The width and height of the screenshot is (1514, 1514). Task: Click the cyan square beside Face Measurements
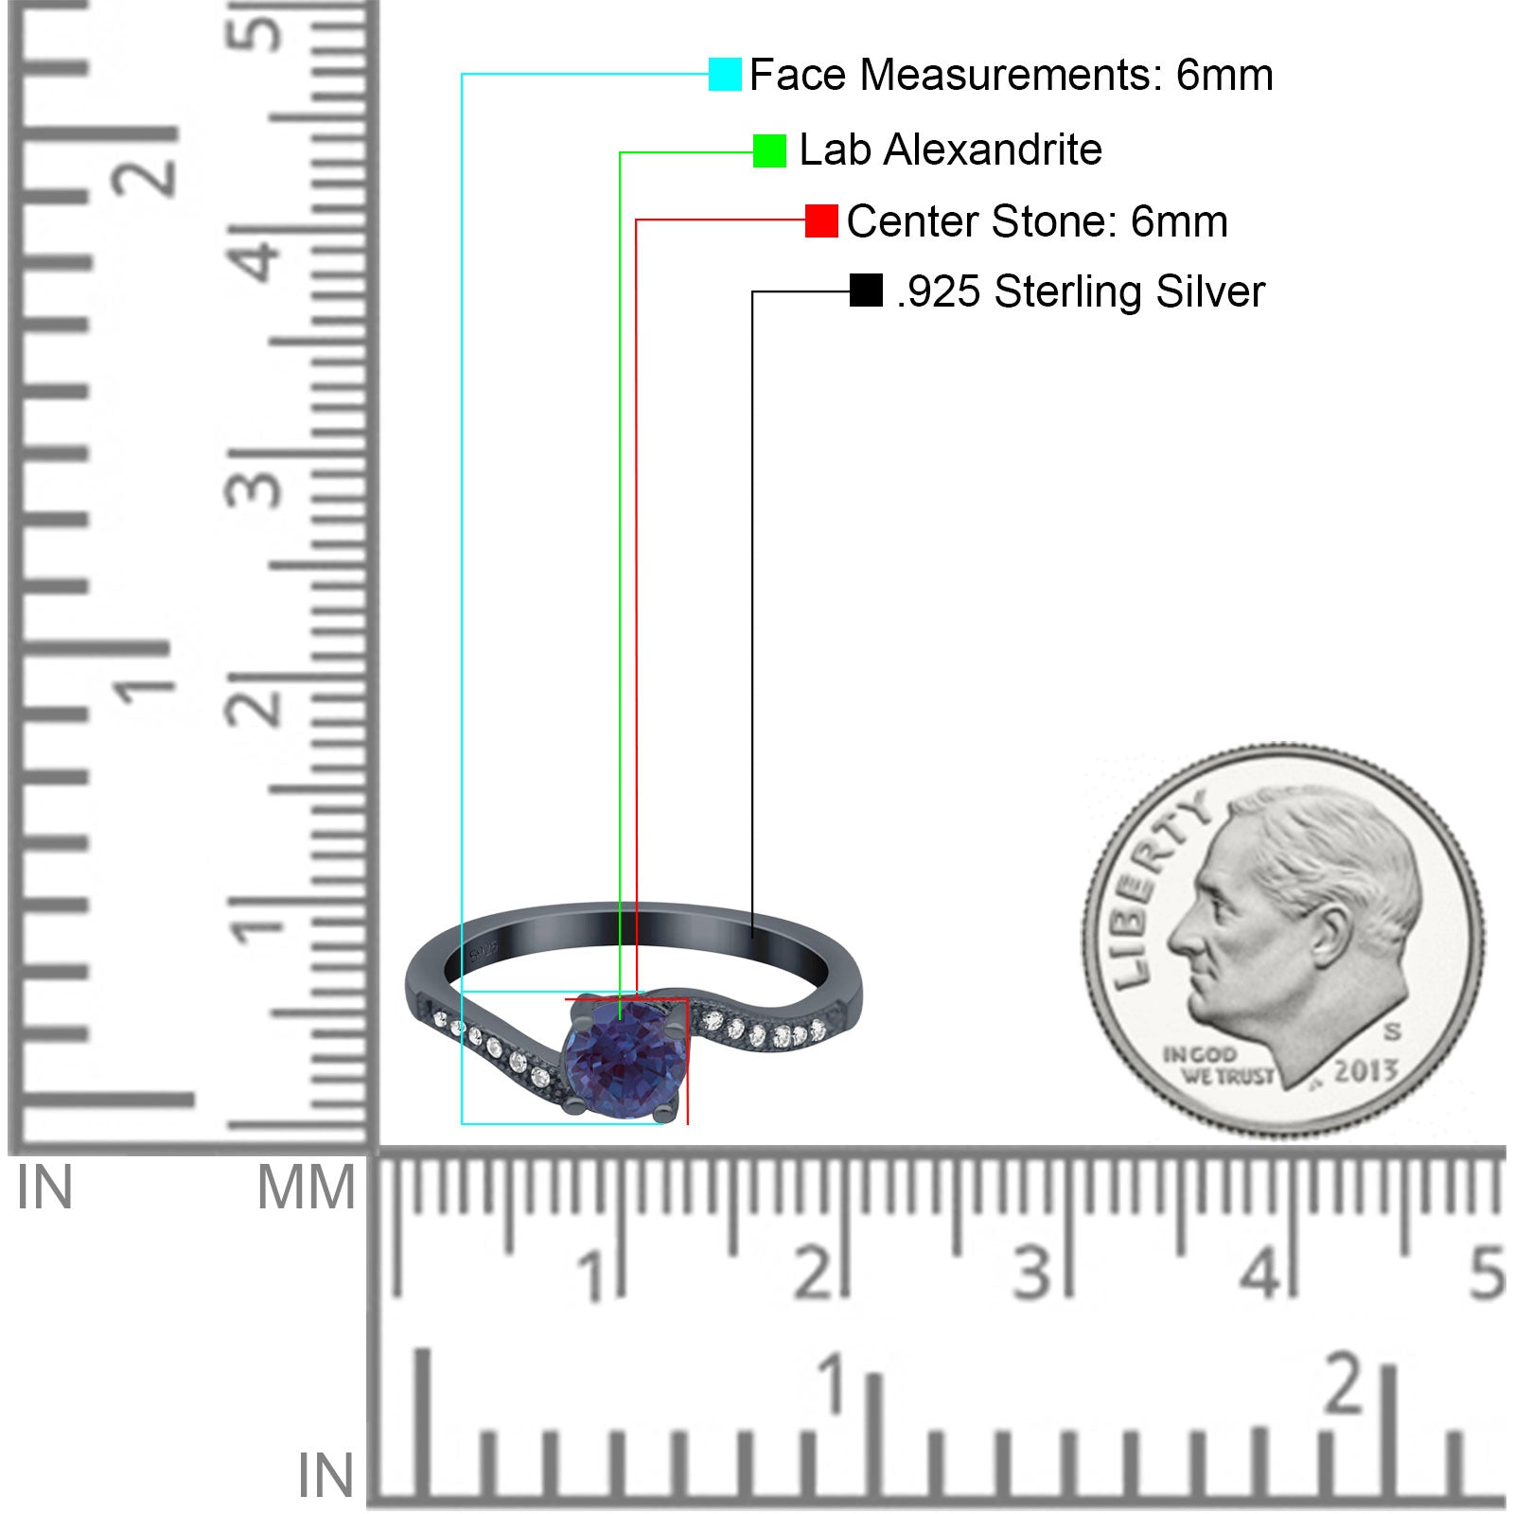(x=725, y=74)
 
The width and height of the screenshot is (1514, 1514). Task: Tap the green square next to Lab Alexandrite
(x=769, y=150)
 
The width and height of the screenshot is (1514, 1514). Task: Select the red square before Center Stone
(x=821, y=221)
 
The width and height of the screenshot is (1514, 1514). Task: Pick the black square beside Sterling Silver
(x=866, y=290)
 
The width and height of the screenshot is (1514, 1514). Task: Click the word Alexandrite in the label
(x=993, y=150)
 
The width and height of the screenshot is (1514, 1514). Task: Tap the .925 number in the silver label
(x=939, y=292)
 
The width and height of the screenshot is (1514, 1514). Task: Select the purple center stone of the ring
(x=624, y=1059)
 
